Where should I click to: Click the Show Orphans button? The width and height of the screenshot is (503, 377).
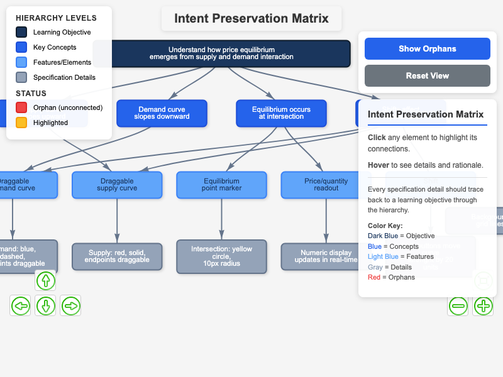[x=427, y=48]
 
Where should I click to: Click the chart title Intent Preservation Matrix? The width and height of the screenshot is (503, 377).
[x=251, y=18]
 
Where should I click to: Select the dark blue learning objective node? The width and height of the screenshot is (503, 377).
[x=221, y=53]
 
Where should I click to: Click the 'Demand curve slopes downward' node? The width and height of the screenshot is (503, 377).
[x=162, y=113]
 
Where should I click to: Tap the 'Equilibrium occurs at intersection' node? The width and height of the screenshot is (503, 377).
[x=281, y=113]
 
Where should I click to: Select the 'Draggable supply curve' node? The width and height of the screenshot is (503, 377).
[x=117, y=185]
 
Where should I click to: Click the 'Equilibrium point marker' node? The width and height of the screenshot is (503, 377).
[x=221, y=185]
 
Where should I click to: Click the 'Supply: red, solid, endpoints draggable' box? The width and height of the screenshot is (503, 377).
[x=117, y=256]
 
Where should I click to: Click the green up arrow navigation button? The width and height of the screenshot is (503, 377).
[x=45, y=280]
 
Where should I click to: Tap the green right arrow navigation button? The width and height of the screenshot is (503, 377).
[x=70, y=306]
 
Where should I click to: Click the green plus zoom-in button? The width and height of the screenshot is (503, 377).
[x=483, y=306]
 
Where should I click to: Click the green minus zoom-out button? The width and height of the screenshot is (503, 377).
[x=458, y=306]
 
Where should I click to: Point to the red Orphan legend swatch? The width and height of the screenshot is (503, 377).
[x=21, y=107]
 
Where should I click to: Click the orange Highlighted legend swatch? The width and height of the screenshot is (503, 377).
[x=21, y=123]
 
